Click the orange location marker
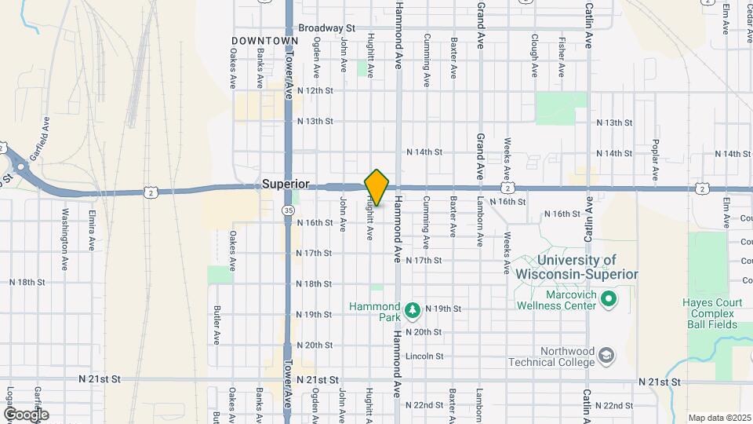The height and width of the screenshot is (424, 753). point(376,188)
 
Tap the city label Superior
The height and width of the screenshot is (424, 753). point(286,185)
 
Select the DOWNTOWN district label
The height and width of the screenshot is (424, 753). point(265,40)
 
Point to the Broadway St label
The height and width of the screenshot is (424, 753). point(327,28)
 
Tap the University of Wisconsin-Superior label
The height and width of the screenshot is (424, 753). point(577,267)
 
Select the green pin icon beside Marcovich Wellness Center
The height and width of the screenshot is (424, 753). point(608,299)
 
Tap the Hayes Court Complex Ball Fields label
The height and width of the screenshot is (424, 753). point(708,312)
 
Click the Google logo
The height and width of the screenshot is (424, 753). point(25,414)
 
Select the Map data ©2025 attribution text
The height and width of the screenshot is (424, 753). point(718,418)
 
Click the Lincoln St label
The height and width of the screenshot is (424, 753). point(425,356)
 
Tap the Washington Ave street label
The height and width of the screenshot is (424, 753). point(65,229)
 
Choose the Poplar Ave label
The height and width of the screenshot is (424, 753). point(655,157)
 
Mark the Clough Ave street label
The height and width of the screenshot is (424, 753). point(534,55)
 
